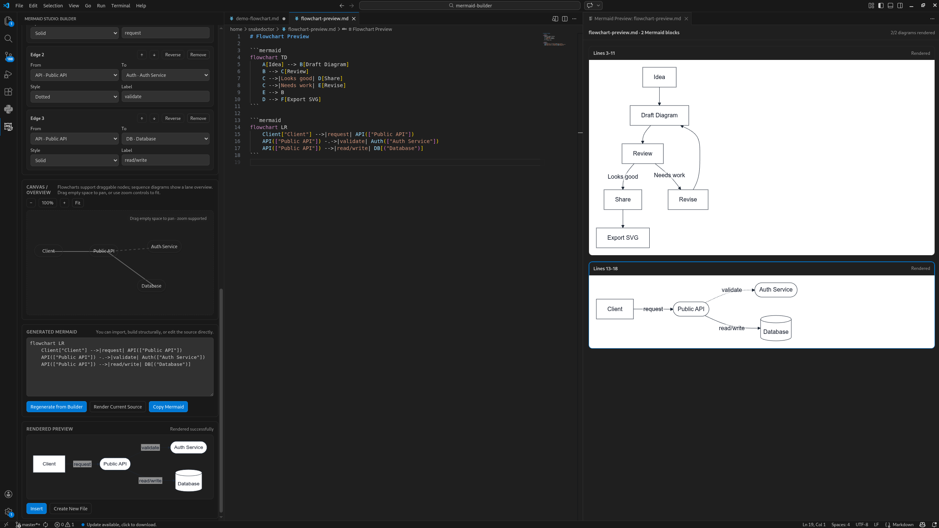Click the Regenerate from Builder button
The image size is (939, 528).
tap(56, 407)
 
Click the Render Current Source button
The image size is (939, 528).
tap(118, 407)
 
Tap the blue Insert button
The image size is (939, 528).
tap(36, 509)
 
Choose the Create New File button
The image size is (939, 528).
tap(71, 509)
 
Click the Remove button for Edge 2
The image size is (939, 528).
tap(198, 55)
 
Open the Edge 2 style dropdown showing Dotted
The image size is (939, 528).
tap(75, 97)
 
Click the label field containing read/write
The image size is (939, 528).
tap(165, 160)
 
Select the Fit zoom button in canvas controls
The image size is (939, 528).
tap(78, 203)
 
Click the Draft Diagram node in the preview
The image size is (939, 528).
tap(659, 115)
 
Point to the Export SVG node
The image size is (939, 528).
tap(622, 238)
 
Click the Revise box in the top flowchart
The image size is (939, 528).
tap(688, 200)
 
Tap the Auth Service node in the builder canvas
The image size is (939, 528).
tap(164, 247)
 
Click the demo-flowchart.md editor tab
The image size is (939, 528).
tap(257, 18)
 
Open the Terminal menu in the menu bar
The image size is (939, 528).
tap(121, 6)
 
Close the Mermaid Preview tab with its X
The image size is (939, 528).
tap(686, 19)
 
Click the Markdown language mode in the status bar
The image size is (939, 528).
tap(903, 525)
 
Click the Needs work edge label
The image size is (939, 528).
tap(669, 175)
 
